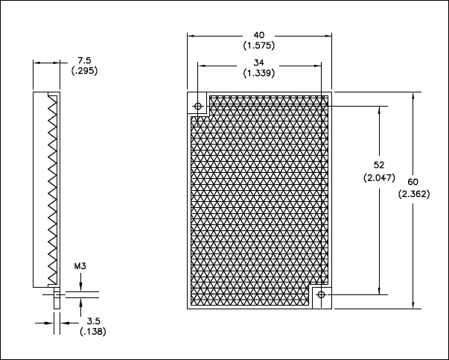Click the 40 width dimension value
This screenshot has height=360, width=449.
[x=259, y=35]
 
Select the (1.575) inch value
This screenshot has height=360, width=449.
[x=259, y=45]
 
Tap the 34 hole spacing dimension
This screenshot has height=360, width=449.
[x=259, y=63]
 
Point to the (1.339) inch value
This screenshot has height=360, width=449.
[x=259, y=73]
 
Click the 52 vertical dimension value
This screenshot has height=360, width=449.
[x=379, y=165]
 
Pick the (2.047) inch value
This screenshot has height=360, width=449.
[x=379, y=177]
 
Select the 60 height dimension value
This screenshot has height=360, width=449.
[x=413, y=182]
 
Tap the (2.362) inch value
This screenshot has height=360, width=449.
[x=414, y=194]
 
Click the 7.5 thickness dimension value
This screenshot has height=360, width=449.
[x=84, y=60]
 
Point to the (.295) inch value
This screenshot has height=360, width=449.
[x=84, y=71]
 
